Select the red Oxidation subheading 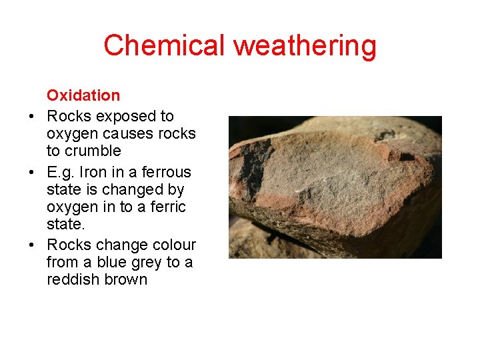(x=83, y=95)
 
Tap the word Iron (x=96, y=173)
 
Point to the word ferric (x=167, y=207)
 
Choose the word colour (x=172, y=245)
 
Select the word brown (x=125, y=279)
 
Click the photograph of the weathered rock (x=335, y=187)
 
